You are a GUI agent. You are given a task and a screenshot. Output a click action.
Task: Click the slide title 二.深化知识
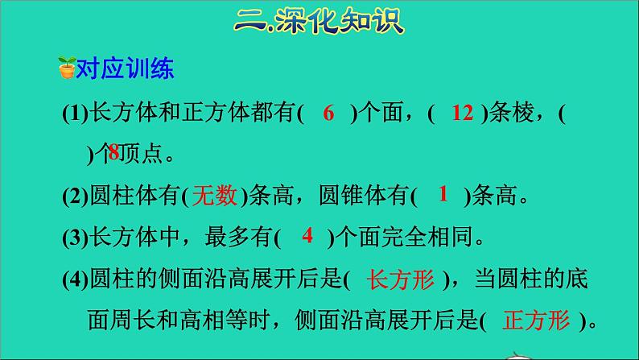[x=319, y=18]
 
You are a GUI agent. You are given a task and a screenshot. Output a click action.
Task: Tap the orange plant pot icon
[x=66, y=70]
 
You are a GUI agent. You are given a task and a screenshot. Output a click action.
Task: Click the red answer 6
[x=328, y=114]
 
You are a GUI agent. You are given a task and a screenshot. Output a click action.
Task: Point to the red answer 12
[x=462, y=114]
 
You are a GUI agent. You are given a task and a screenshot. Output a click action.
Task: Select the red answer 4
[x=307, y=236]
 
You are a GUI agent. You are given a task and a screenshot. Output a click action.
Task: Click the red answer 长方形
[x=400, y=279]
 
